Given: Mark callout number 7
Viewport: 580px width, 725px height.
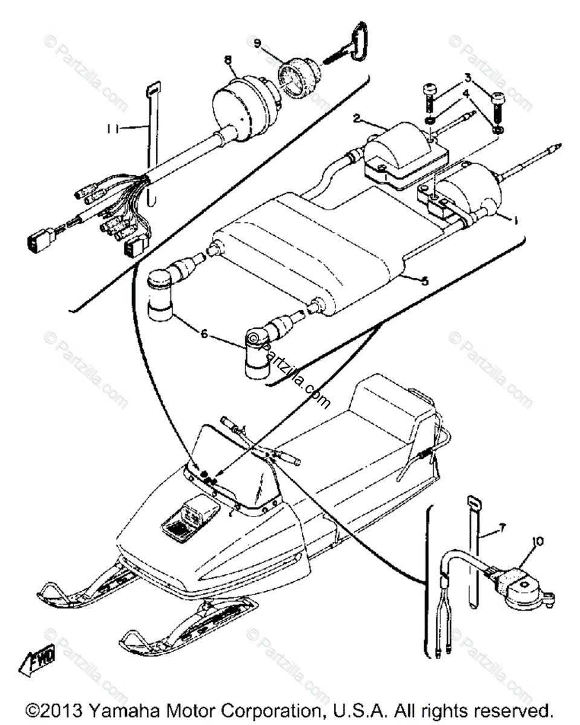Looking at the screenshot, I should click(501, 527).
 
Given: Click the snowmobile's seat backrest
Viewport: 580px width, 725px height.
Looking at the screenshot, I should click(399, 402).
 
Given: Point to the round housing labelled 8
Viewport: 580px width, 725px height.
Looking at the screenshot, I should click(245, 109).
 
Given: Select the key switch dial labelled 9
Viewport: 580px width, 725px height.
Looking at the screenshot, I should click(297, 82).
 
